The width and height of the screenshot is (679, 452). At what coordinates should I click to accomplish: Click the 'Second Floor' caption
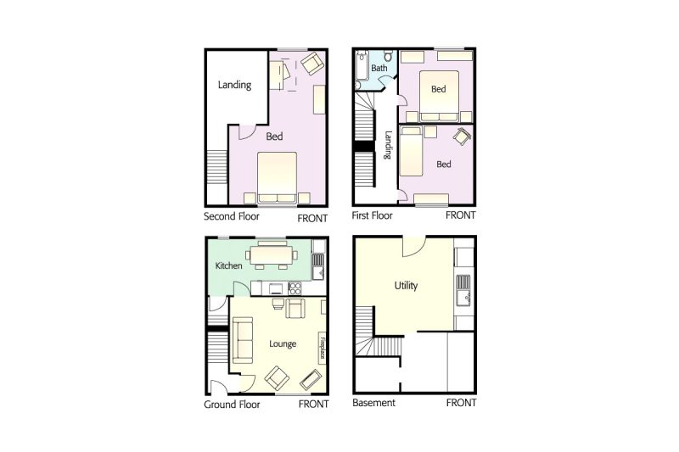232,215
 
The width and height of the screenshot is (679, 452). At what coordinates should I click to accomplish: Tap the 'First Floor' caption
373,215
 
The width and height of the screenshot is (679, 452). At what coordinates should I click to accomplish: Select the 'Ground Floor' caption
232,405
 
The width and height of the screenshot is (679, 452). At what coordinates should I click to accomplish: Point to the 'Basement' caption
373,403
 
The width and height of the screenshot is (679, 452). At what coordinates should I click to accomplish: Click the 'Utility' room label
406,286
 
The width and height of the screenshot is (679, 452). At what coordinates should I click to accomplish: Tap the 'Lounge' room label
283,344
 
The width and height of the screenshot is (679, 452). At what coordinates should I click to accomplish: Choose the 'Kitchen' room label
229,266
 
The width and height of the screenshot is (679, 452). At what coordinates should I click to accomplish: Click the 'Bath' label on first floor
379,68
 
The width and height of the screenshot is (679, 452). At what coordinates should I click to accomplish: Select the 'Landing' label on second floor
234,85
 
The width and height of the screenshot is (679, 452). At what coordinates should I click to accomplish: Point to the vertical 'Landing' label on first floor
387,145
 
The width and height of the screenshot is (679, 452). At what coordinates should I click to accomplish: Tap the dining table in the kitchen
272,254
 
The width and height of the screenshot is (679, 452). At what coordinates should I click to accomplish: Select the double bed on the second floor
278,178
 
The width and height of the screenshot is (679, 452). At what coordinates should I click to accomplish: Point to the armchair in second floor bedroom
311,62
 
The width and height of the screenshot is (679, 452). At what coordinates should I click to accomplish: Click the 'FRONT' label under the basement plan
461,403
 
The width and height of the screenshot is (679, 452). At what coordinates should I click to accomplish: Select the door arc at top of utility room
412,246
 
